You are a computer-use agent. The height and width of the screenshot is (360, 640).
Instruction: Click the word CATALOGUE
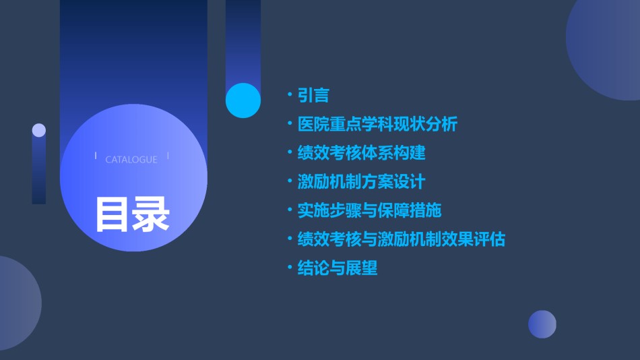131,159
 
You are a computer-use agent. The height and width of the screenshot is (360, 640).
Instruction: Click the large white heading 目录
132,214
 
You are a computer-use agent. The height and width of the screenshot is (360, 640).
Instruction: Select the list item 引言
313,95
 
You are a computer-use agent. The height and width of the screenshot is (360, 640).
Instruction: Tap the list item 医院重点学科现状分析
377,124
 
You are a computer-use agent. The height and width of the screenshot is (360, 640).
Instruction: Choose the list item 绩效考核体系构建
361,153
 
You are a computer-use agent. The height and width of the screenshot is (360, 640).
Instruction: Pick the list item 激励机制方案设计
361,182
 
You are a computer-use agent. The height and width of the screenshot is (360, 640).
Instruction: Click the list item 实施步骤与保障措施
369,210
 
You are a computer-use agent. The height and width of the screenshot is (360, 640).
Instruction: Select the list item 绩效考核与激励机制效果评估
402,239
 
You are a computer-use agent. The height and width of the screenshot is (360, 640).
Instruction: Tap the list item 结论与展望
337,268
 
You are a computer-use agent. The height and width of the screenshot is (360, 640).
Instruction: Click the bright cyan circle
243,100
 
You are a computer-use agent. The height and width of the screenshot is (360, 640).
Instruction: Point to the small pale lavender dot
39,130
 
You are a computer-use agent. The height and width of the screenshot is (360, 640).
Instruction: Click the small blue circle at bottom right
542,324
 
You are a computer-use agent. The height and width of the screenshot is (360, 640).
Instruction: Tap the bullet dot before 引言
290,94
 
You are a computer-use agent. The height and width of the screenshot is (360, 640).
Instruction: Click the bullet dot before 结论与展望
290,267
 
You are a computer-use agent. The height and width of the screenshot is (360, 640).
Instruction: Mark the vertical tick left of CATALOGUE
96,155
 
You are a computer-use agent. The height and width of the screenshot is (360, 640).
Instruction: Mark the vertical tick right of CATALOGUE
168,156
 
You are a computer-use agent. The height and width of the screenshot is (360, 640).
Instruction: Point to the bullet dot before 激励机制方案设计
290,181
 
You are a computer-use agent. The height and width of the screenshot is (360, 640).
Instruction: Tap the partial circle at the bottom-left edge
18,303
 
